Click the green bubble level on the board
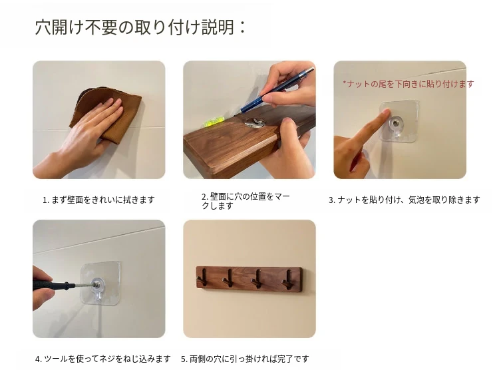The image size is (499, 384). click(214, 121)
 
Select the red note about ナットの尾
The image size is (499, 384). click(409, 84)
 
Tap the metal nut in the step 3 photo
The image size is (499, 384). click(396, 122)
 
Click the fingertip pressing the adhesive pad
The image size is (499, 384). click(386, 112)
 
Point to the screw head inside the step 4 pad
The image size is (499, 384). click(95, 284)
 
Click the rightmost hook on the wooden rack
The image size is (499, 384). click(287, 280)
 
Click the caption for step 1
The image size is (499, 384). click(98, 200)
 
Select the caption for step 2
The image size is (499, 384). click(246, 201)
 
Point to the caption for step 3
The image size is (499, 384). click(404, 200)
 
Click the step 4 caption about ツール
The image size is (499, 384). click(102, 359)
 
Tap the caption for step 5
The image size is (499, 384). click(245, 359)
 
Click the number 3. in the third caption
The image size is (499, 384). click(332, 200)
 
